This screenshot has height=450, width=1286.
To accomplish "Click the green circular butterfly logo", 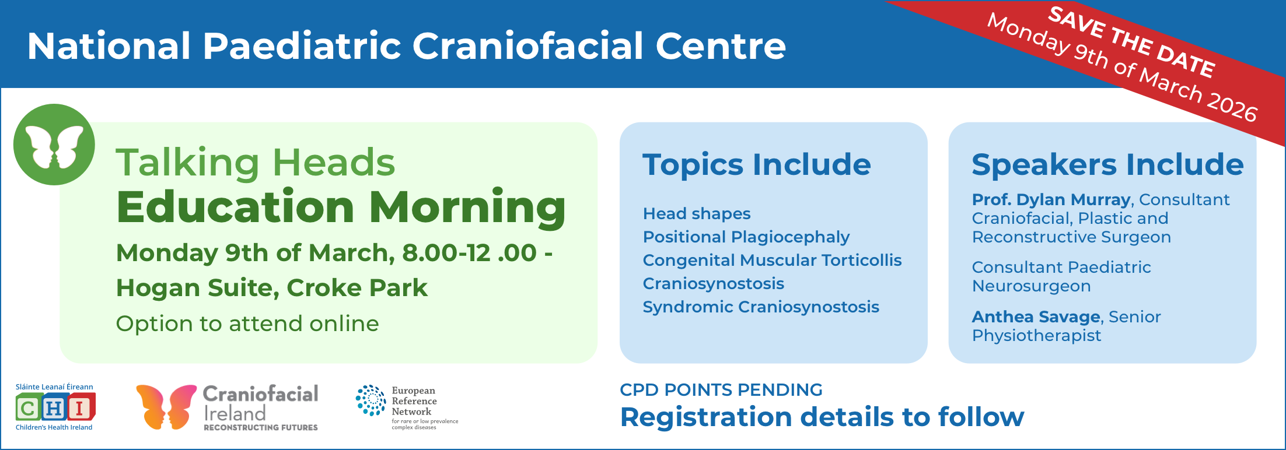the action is (x=54, y=145).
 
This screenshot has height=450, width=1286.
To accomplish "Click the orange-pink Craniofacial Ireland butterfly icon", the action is (x=166, y=407).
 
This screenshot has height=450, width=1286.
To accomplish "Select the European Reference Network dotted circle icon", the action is (x=371, y=400).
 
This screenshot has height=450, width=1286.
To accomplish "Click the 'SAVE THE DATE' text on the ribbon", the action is (x=1132, y=41).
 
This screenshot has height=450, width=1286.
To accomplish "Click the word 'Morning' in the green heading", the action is (x=467, y=208).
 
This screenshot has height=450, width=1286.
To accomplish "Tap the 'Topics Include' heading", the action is (x=757, y=164).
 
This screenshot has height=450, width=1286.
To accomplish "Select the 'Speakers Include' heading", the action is (x=1107, y=164).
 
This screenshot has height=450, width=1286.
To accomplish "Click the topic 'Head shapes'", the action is (x=697, y=214).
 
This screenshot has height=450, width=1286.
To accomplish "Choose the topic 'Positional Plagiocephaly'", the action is (x=746, y=237).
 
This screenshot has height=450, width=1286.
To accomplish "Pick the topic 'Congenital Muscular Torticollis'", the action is (x=772, y=260).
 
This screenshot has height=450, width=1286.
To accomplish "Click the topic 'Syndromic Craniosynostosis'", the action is (x=761, y=307).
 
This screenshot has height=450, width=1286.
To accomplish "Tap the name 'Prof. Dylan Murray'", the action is (x=1051, y=199).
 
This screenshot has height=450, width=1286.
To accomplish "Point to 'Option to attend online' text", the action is (x=247, y=324).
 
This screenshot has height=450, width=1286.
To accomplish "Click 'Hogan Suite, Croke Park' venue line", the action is (x=272, y=288).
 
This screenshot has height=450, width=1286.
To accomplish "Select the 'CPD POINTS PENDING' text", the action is (x=721, y=389).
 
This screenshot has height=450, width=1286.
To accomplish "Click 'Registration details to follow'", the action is (x=822, y=417).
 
